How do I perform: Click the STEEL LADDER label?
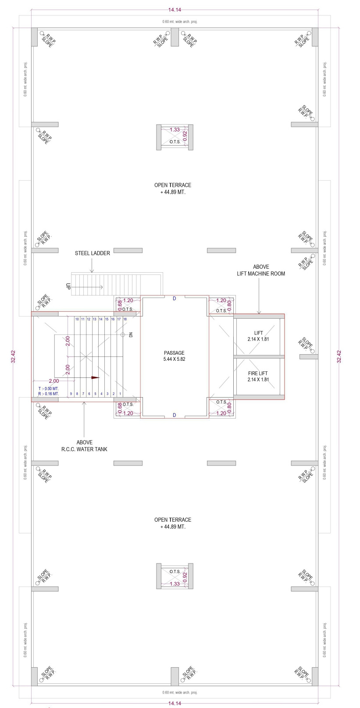coord(92,253)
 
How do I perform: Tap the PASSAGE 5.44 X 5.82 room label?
coord(174,356)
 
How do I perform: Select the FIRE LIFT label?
coord(258,373)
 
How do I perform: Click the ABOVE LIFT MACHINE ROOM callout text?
coord(261,270)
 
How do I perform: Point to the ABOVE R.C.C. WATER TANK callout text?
coord(84,446)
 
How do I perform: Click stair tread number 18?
coord(125,319)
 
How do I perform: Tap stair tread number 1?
coord(120,394)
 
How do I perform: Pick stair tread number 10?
coord(77,319)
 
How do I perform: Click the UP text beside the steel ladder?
coord(68,286)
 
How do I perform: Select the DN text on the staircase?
coord(131,335)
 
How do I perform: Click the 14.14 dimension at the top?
coord(175,10)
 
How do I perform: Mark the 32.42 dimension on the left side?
coord(13,356)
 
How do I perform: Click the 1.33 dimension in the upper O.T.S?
coord(175,130)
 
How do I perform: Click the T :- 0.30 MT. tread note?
coord(49,389)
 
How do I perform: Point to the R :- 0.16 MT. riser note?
coord(49,394)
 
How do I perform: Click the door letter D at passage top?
coord(174,299)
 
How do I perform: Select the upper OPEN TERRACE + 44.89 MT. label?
coord(173,189)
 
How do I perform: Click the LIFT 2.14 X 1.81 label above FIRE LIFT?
coord(258,336)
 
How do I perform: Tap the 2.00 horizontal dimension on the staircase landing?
coord(54,381)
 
